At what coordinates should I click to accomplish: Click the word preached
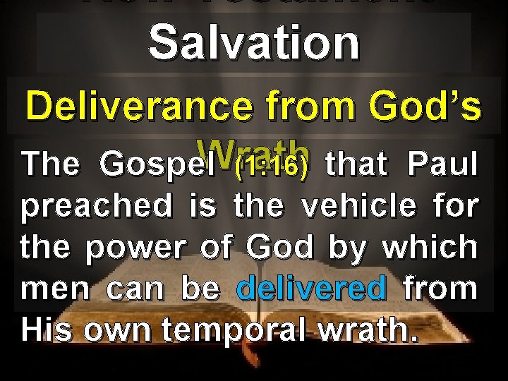97,206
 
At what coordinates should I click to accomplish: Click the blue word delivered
313,289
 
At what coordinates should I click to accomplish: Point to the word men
51,289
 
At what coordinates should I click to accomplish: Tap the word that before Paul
357,164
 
